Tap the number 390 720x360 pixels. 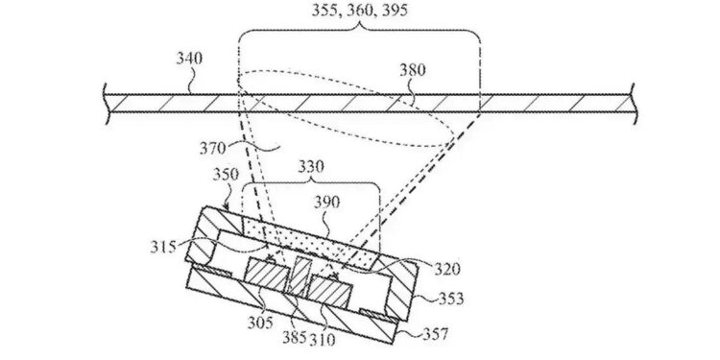click(x=329, y=204)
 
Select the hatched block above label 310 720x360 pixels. click(x=331, y=289)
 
